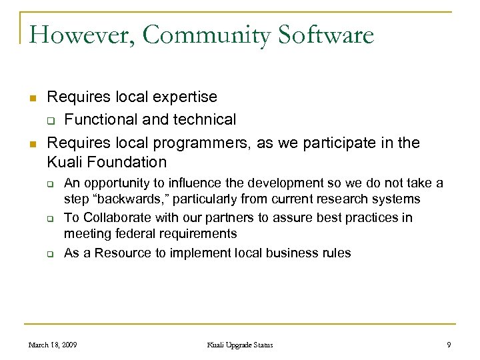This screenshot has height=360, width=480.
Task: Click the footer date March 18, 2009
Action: pos(52,345)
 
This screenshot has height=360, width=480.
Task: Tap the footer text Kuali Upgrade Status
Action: pos(240,345)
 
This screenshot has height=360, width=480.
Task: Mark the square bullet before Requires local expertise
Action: pos(32,98)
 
